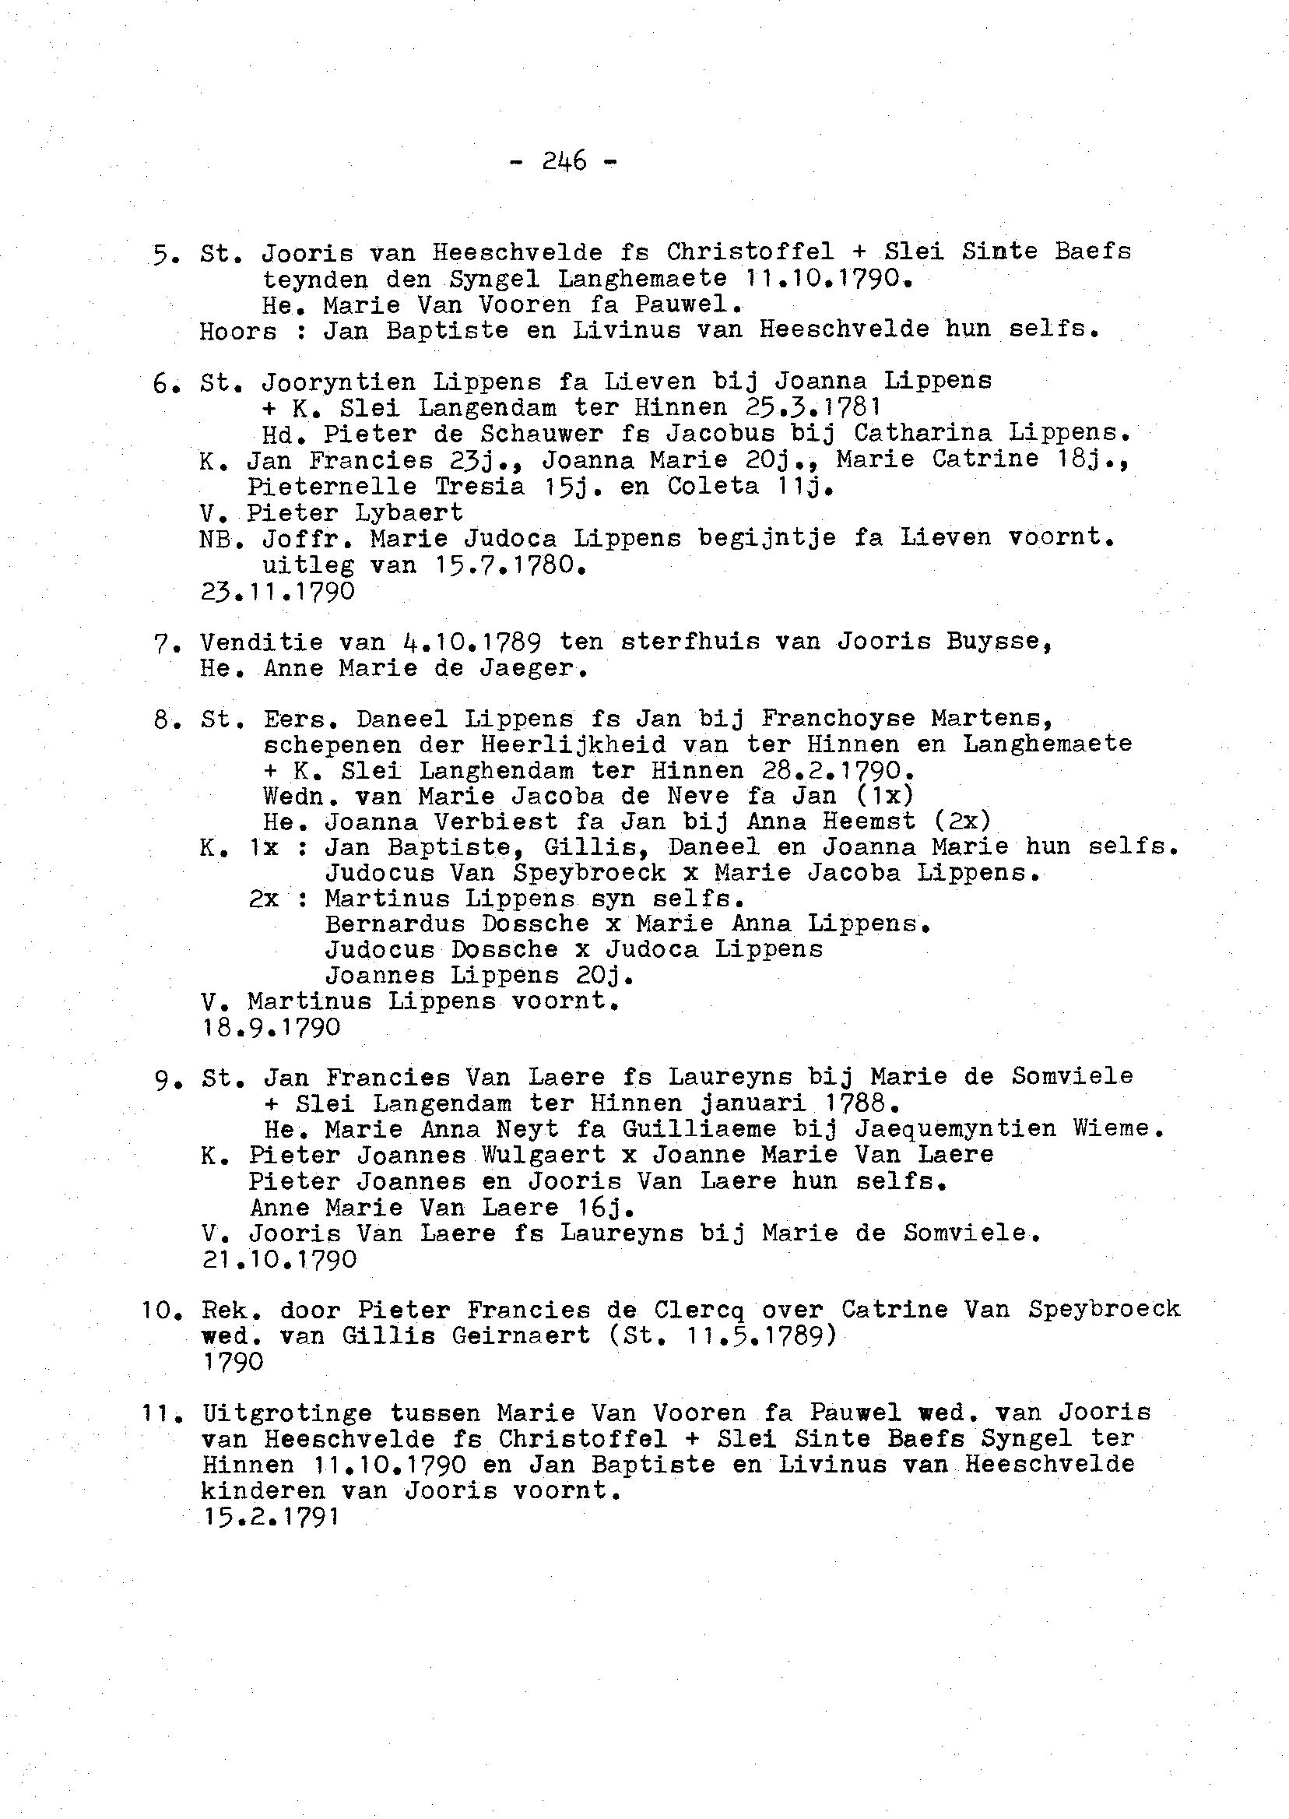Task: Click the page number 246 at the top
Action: coord(564,162)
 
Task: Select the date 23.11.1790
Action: coord(278,592)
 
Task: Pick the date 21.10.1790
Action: coord(279,1259)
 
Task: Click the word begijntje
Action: coord(767,538)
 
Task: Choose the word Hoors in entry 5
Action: coord(238,330)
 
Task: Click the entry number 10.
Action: coord(163,1310)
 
